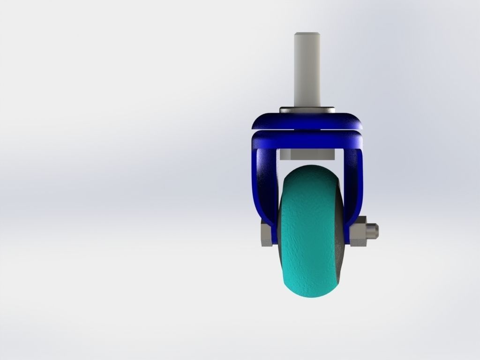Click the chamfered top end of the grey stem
[x=307, y=35]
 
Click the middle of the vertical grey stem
[x=307, y=70]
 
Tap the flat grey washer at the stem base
[x=307, y=110]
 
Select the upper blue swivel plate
[x=307, y=121]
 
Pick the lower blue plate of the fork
[x=307, y=139]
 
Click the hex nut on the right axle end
[x=358, y=232]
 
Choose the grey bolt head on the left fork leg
[x=265, y=234]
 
